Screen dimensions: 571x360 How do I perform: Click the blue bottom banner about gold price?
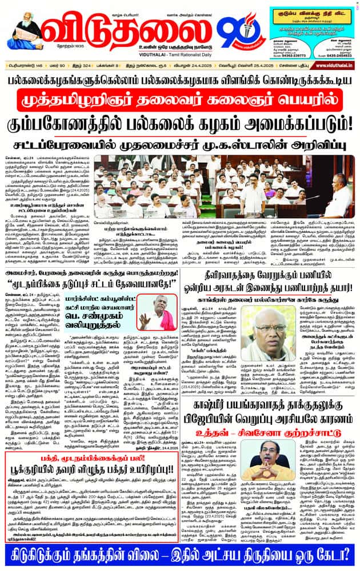coord(179,555)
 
